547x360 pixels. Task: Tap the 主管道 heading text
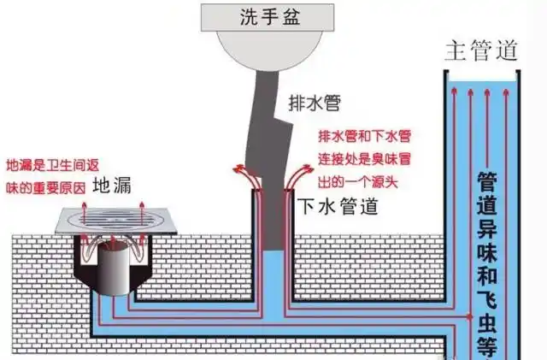coord(481,50)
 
